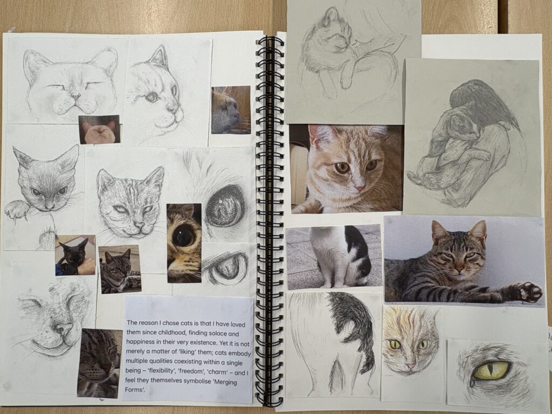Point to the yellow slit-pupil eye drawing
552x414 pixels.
click(492, 370)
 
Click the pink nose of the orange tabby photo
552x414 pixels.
click(360, 188)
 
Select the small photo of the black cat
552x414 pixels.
click(75, 255)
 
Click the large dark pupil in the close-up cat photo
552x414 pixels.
click(183, 235)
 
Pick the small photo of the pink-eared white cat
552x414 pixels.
click(100, 129)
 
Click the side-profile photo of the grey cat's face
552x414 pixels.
click(231, 110)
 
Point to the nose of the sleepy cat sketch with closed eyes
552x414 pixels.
click(75, 95)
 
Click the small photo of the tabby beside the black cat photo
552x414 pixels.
click(120, 270)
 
